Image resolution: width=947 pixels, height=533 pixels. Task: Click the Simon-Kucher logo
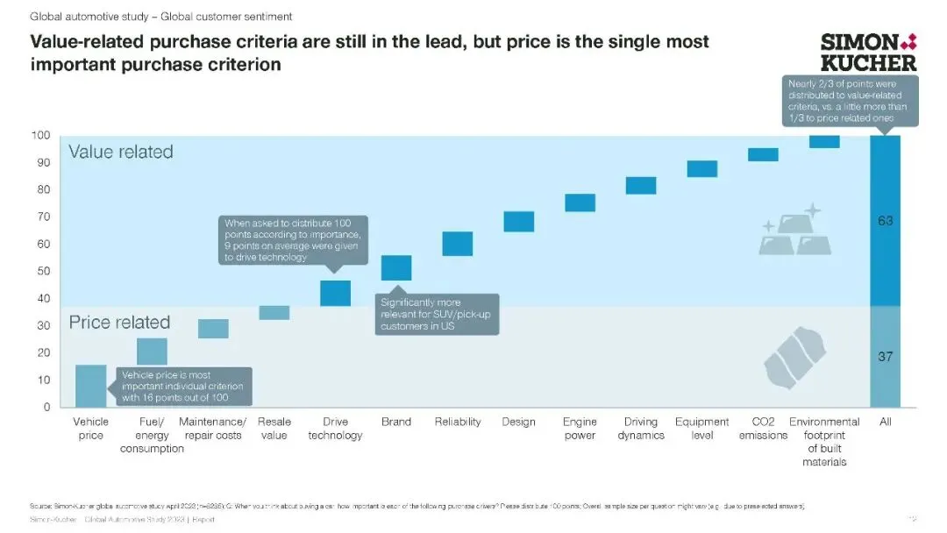pos(868,52)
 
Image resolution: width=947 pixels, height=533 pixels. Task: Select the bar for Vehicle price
pos(91,386)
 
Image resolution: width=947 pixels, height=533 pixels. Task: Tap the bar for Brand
pos(396,268)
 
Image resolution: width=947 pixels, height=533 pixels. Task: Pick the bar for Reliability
pos(458,244)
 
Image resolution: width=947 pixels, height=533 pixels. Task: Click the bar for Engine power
pos(580,203)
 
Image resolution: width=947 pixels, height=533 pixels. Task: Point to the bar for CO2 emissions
pos(763,154)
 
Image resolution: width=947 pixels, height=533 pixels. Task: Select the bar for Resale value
pos(274,313)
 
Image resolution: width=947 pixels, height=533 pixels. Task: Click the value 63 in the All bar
pos(886,221)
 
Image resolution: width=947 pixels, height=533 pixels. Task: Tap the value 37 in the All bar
pos(886,357)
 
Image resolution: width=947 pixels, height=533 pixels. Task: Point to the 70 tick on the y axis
pos(42,217)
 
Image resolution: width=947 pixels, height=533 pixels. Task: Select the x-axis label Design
pos(519,422)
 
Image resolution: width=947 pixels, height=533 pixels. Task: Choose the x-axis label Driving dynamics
pos(641,429)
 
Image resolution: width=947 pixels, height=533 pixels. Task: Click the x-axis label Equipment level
pos(702,429)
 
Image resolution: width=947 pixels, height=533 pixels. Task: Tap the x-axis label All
pos(886,422)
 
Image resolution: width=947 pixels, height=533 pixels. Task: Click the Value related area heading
pos(121,152)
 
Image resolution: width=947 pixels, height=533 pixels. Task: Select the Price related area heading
pos(119,323)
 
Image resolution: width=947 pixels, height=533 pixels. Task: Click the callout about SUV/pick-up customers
pos(438,314)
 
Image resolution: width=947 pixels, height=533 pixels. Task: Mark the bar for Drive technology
pos(336,294)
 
